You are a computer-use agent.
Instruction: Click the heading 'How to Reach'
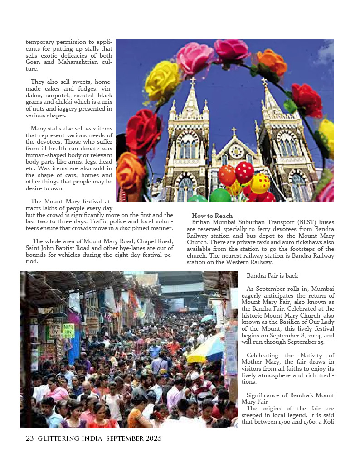click(212, 216)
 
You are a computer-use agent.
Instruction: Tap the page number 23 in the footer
click(30, 438)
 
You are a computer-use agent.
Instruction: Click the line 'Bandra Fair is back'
click(272, 275)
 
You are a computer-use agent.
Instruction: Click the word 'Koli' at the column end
click(327, 422)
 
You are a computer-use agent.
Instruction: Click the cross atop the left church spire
click(193, 81)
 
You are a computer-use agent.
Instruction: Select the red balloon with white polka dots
click(244, 172)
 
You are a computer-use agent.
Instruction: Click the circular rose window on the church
click(236, 151)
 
